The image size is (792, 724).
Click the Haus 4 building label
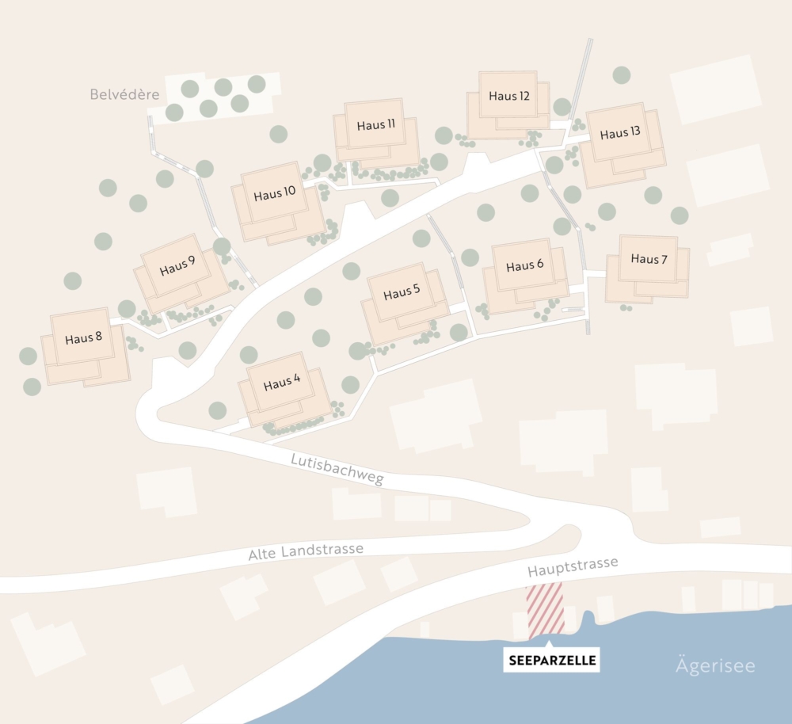click(282, 384)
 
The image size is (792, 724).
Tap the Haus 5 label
click(402, 293)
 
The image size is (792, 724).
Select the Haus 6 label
click(524, 265)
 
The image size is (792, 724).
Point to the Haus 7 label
click(649, 259)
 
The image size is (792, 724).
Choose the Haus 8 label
click(83, 338)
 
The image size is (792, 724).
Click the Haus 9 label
click(177, 266)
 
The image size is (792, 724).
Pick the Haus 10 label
click(274, 193)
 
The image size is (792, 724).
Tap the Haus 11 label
click(375, 124)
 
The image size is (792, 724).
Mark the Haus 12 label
click(508, 96)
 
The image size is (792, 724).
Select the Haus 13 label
click(619, 133)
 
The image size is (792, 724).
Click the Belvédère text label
click(124, 94)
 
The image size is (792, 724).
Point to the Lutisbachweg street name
click(337, 469)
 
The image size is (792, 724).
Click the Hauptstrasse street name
click(572, 566)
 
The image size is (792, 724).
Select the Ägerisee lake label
click(715, 665)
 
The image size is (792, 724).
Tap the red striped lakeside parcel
click(545, 608)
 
